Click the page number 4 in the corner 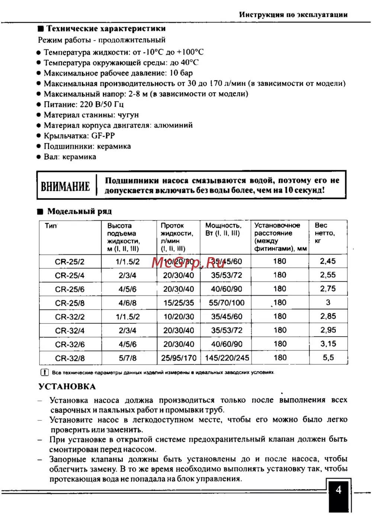coord(339,490)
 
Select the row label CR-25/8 coord(70,303)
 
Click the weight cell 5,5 coord(328,358)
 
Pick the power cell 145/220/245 coord(227,358)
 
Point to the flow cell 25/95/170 coord(179,358)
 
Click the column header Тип coord(51,226)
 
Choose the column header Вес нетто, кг coord(325,233)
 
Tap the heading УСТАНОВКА coord(67,386)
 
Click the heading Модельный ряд coord(79,211)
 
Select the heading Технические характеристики coord(106,29)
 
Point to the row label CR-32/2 coord(70,317)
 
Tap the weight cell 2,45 coord(328,261)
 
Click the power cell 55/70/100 coord(227,303)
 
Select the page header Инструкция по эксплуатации coord(293,15)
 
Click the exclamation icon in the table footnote coord(44,372)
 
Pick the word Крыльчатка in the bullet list coord(66,136)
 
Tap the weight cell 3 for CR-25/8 coord(328,303)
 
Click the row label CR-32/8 coord(70,358)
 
